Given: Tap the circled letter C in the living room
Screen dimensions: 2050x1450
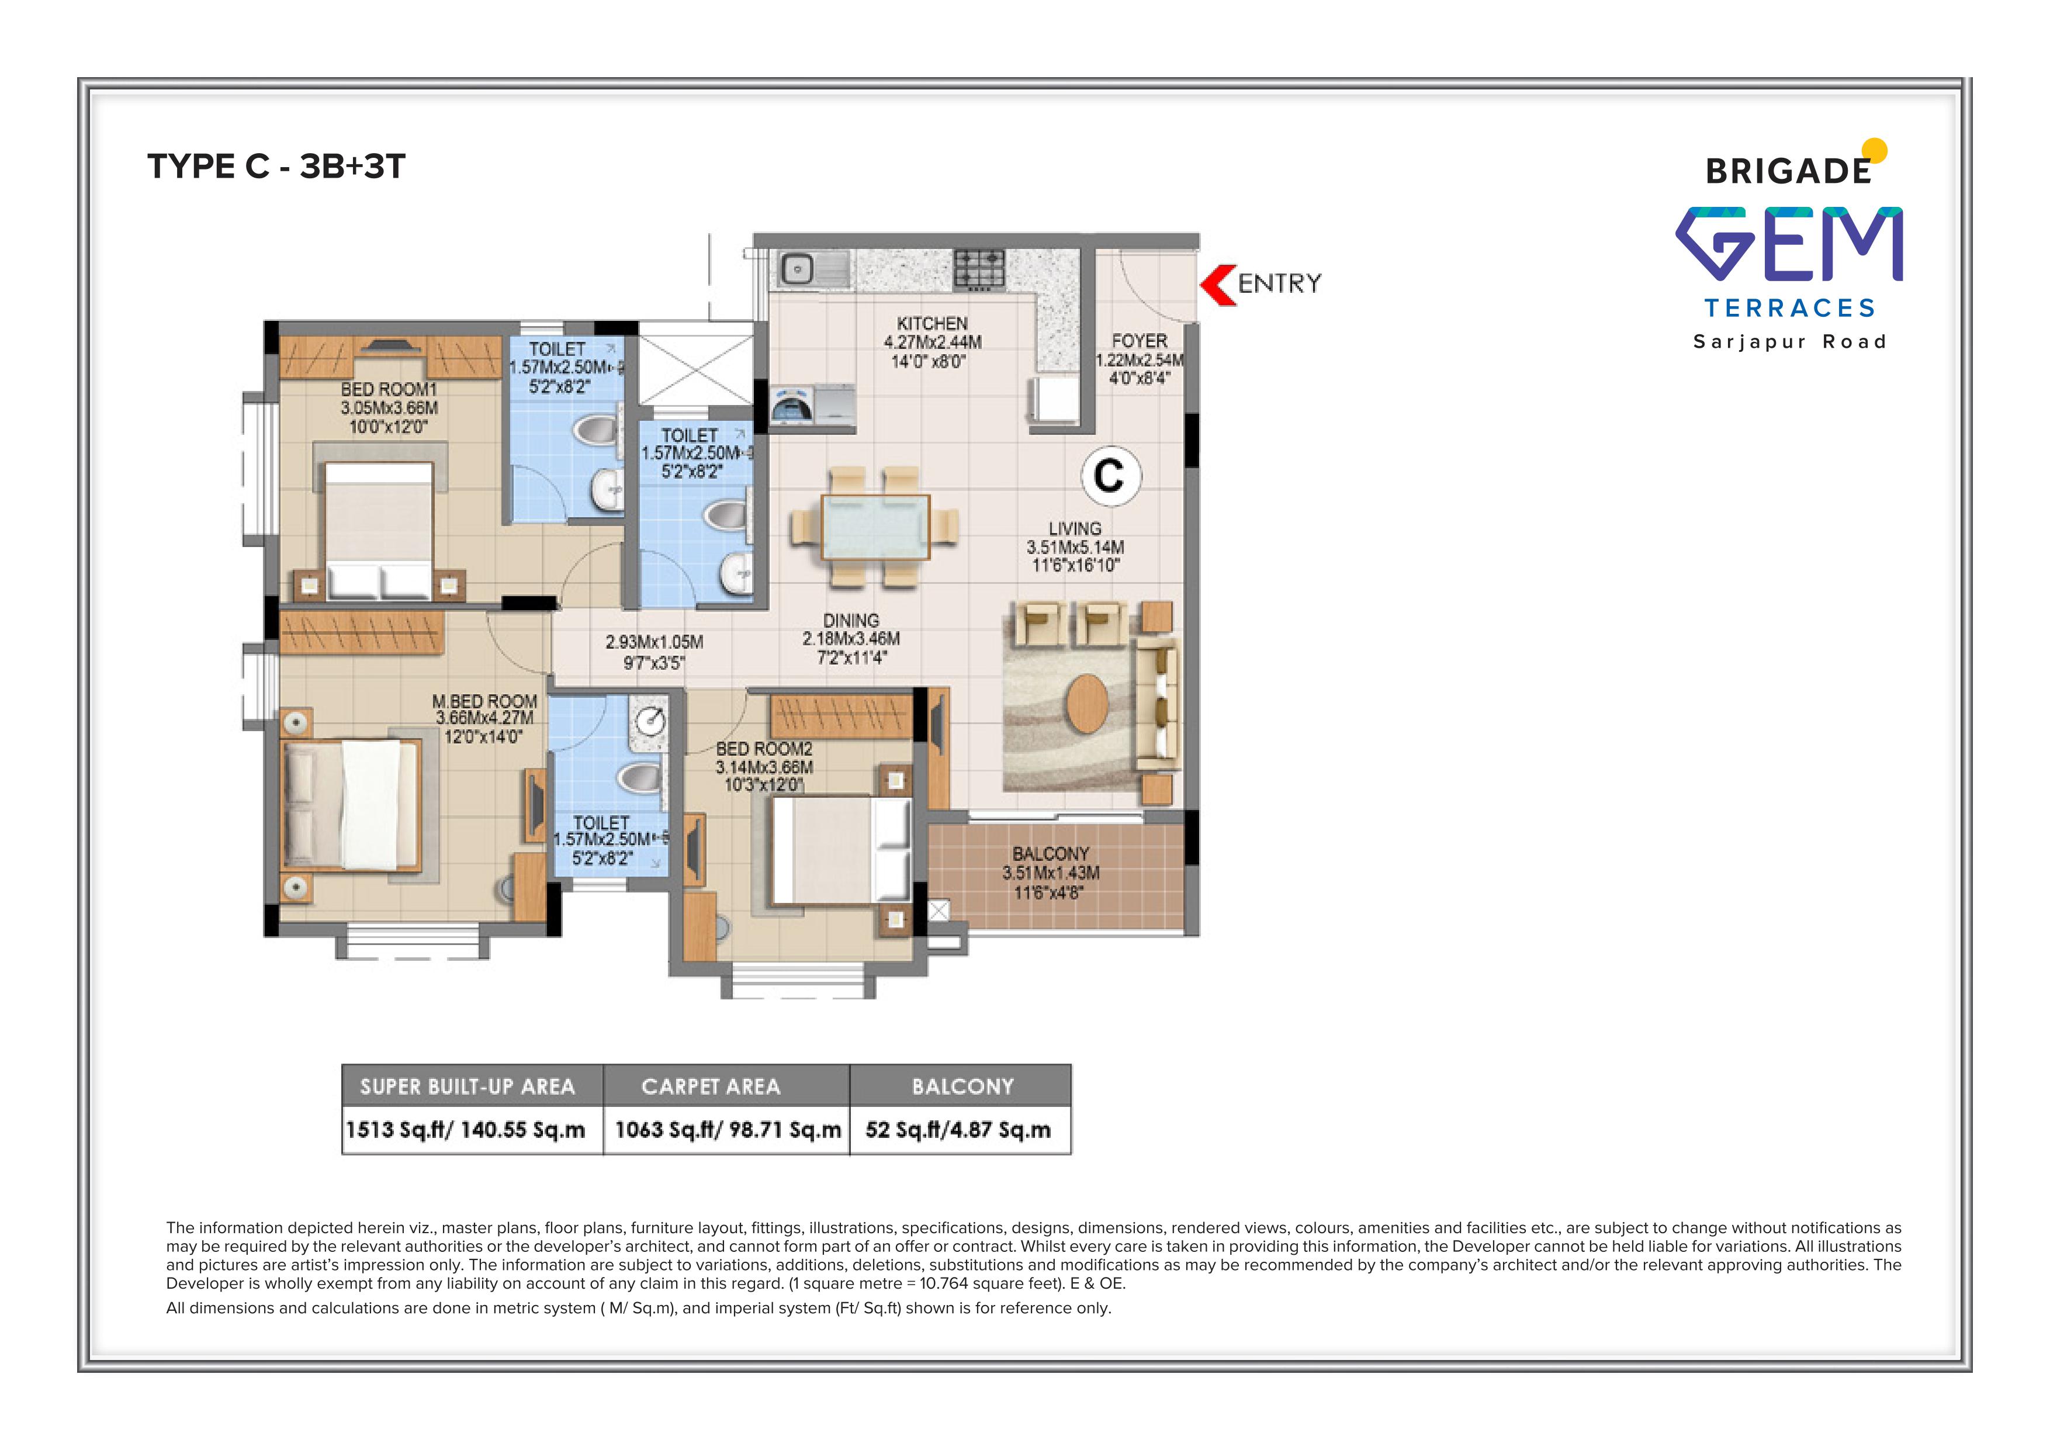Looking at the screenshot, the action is click(1111, 475).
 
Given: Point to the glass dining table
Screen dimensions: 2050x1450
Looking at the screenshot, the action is click(875, 527).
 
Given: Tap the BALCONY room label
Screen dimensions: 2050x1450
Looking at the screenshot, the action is click(1051, 853).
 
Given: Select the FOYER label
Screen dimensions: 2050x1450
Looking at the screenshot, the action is click(1140, 341).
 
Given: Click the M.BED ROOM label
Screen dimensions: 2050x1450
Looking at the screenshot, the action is click(485, 702).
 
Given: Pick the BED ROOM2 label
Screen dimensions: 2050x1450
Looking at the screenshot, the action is click(764, 749).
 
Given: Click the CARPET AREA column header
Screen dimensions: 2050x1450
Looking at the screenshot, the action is click(711, 1086).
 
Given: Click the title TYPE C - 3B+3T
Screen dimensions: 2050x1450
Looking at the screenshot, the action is click(277, 167).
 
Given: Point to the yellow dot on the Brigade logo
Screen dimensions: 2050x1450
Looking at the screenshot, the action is click(1875, 151).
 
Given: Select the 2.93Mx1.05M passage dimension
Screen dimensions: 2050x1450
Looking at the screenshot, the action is click(655, 642).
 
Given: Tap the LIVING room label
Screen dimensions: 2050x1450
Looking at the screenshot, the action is click(1075, 528).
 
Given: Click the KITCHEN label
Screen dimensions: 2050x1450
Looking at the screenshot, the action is click(932, 323).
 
